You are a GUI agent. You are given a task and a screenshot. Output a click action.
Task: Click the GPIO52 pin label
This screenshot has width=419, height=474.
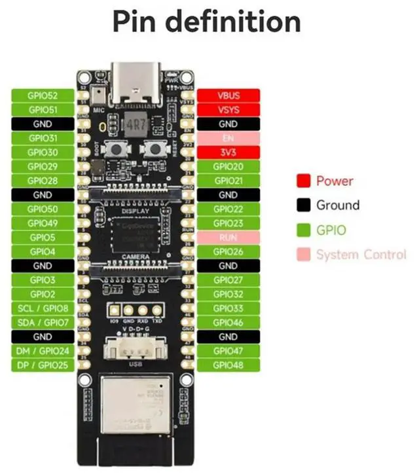[43, 96]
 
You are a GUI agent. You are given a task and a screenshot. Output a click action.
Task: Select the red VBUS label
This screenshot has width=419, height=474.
[228, 96]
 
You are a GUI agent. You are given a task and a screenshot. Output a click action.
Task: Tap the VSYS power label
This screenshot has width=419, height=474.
[228, 110]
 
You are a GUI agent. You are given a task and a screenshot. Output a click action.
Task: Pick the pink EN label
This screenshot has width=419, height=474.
[228, 138]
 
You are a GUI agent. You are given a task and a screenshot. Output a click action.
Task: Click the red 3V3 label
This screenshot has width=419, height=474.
[228, 153]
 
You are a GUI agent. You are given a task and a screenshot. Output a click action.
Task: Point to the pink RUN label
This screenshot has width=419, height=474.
[228, 238]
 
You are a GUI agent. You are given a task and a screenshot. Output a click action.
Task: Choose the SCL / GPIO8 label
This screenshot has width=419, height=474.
[43, 308]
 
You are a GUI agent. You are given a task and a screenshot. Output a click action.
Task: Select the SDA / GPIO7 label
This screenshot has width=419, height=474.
[43, 323]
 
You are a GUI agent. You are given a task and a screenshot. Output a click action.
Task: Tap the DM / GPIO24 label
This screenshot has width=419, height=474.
[43, 351]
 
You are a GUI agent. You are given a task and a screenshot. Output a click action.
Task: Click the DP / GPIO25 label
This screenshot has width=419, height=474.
[43, 365]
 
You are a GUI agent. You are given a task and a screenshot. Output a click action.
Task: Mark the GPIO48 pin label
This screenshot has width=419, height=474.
[228, 365]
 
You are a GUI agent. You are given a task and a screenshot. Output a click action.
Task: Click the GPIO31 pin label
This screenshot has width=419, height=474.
[43, 138]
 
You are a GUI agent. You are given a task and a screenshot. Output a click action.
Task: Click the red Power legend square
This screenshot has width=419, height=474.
[303, 181]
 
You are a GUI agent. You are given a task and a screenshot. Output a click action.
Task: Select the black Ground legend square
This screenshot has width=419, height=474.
[303, 205]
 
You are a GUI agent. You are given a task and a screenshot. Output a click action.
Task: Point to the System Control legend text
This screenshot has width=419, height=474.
[361, 255]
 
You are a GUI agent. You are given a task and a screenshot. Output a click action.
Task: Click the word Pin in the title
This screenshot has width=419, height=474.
[134, 21]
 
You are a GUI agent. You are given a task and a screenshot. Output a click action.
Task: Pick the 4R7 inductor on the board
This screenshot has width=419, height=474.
[136, 123]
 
